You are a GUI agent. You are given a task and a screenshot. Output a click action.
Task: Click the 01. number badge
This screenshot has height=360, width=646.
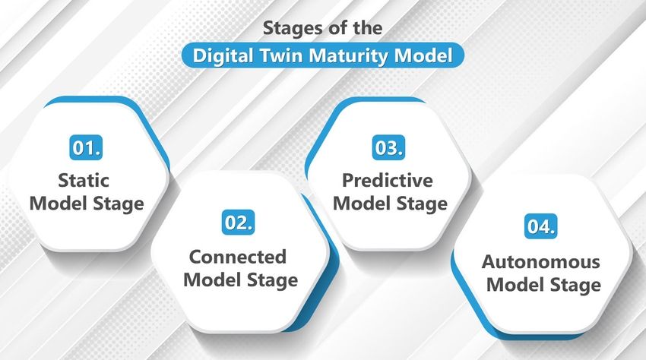(x=86, y=147)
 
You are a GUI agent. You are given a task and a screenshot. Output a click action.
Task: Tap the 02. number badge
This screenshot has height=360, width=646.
(x=238, y=223)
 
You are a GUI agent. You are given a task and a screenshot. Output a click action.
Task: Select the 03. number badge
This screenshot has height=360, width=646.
(x=388, y=147)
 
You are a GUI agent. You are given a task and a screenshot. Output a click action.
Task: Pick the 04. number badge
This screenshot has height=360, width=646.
(x=541, y=226)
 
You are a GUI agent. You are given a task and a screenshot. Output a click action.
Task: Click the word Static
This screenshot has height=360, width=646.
(x=84, y=181)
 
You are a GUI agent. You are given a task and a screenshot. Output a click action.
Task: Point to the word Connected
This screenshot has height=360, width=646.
(x=238, y=257)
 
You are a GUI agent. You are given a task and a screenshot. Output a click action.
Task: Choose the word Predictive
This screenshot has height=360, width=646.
(x=388, y=181)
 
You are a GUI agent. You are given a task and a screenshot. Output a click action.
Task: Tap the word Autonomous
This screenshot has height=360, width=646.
(x=541, y=261)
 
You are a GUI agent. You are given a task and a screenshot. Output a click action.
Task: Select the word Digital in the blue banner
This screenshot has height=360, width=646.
(x=223, y=55)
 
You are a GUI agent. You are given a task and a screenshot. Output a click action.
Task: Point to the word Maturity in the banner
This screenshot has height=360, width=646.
(x=350, y=55)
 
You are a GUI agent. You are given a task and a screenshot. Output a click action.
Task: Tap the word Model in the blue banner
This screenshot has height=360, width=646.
(x=423, y=55)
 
